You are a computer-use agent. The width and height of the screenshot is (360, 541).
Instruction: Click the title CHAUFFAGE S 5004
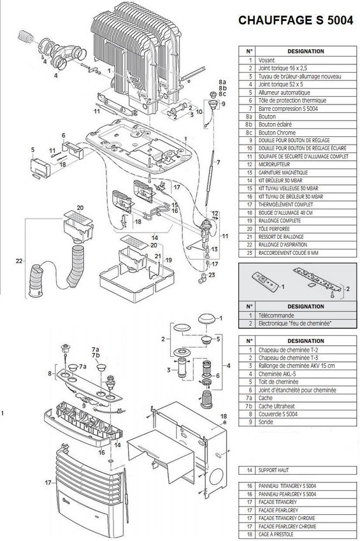295,20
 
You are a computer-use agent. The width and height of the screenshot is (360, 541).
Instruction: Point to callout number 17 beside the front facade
47,483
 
